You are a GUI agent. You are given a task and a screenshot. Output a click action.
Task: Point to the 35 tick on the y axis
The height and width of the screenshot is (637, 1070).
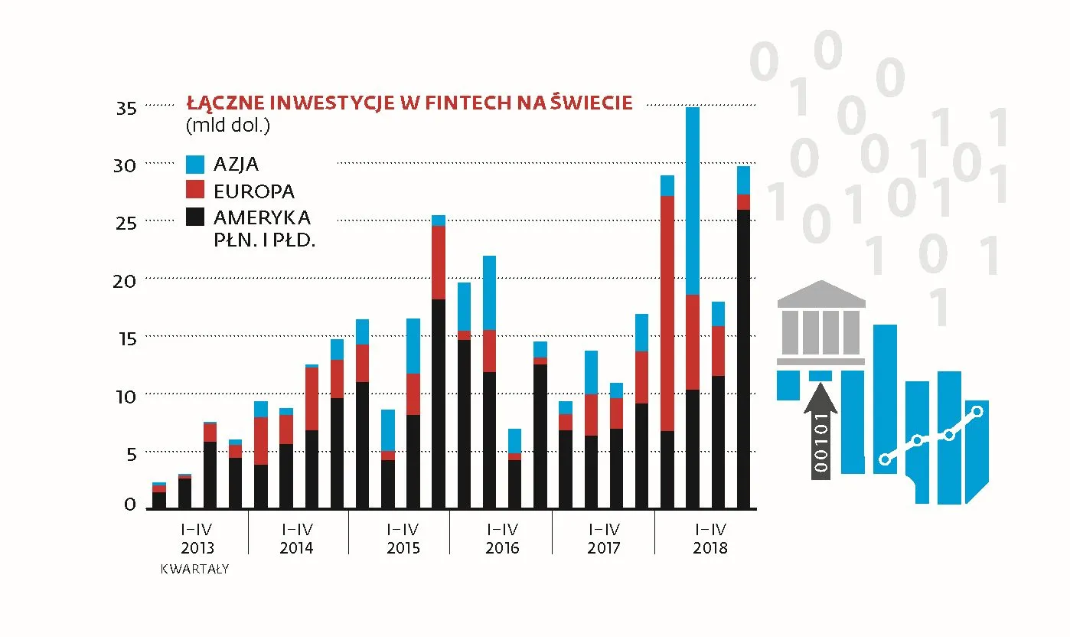coord(126,108)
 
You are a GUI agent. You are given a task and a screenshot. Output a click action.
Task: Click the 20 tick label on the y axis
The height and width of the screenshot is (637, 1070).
coord(126,281)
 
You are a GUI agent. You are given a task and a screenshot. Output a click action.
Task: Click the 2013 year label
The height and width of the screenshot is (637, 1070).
coord(197,548)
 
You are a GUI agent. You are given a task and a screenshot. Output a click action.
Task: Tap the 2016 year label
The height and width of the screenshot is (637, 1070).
coord(502,548)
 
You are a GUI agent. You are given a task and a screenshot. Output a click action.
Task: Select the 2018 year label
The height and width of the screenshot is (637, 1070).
coord(710,548)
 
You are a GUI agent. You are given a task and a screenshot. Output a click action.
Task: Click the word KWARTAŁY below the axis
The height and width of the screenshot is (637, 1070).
coord(194,570)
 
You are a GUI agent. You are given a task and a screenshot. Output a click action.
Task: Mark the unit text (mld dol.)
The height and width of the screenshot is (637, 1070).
coord(228,125)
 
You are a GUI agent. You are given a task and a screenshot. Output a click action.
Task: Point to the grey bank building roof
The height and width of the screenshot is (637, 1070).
coord(820,294)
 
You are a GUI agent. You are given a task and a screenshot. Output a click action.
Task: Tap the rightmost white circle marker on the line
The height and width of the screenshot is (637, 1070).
coord(977,411)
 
